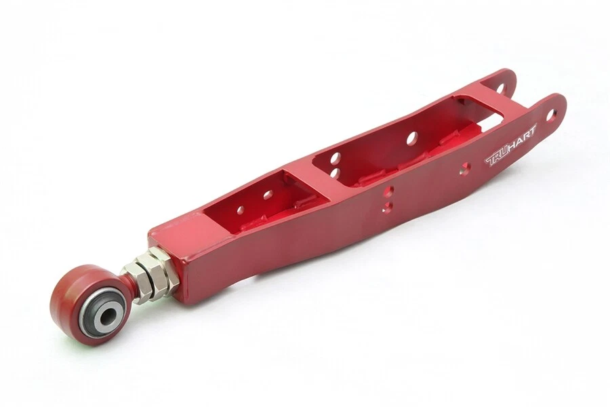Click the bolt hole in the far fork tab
(500, 88)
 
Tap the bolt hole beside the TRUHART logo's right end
(550, 115)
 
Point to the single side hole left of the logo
(465, 170)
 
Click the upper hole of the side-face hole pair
(388, 193)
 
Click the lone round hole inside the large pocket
(411, 139)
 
